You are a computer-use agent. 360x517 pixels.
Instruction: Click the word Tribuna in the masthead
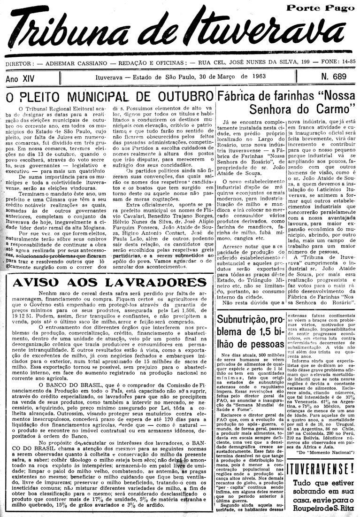80,35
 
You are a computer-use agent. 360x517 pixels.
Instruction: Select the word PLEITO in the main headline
42,98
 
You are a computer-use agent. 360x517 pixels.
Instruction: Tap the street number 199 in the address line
301,63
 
